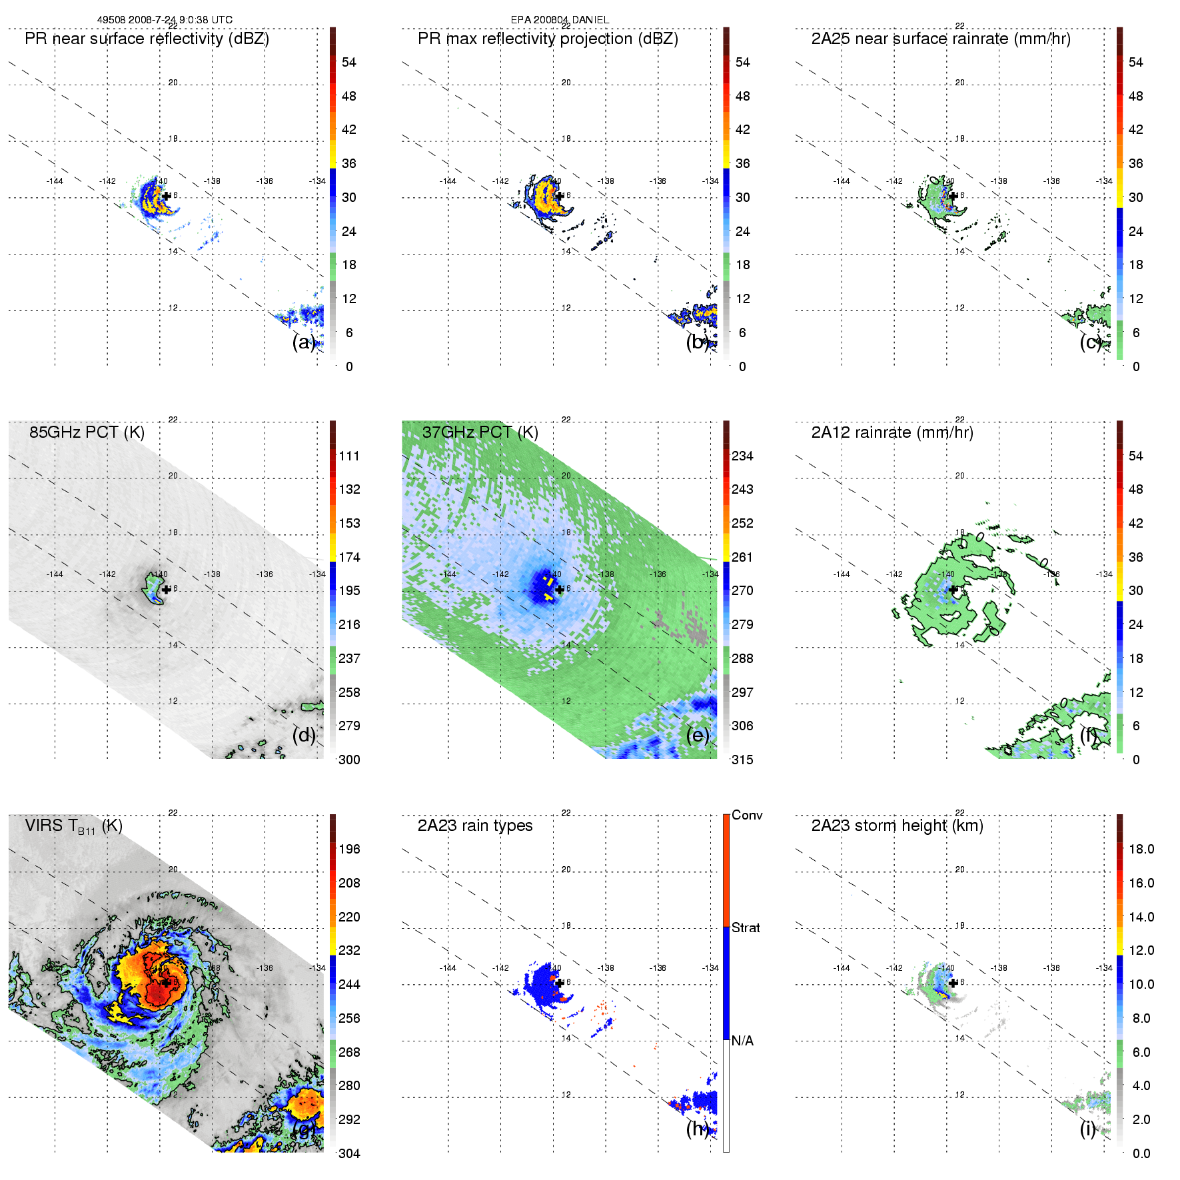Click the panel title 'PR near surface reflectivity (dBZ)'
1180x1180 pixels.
coord(147,39)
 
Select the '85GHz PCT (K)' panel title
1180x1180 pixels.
coord(87,432)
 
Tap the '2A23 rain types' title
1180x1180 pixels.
coord(474,826)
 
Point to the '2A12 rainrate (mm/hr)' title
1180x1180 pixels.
coord(891,432)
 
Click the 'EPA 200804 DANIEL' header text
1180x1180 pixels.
coord(560,20)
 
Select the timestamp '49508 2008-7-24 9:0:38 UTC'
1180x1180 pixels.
coord(165,20)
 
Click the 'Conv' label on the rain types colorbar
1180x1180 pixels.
coord(747,815)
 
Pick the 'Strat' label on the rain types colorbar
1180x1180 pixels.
coord(746,927)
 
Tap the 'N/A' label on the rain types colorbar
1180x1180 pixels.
coord(742,1041)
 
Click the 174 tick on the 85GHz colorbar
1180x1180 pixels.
coord(349,557)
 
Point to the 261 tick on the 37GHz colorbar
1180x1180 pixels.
coord(742,557)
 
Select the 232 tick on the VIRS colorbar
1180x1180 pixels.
coord(349,950)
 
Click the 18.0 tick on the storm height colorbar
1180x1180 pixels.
coord(1141,849)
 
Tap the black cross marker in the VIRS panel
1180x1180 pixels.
coord(166,982)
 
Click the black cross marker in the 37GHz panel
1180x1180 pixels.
coord(560,589)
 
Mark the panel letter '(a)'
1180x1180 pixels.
coord(303,342)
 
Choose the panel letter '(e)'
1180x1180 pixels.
coord(697,735)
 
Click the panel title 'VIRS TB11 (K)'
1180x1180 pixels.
coord(73,826)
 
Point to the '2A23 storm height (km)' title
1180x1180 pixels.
coord(897,826)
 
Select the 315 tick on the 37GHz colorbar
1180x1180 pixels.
coord(742,760)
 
